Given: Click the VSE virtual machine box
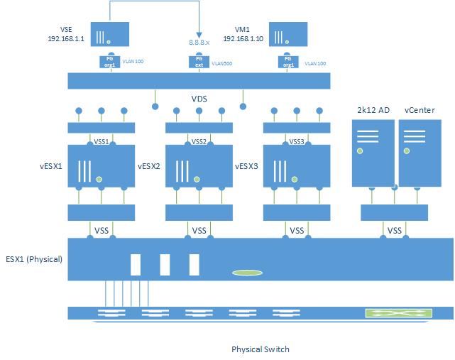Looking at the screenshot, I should (109, 36).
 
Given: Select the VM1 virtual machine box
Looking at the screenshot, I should (287, 36).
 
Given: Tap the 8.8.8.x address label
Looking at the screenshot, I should (199, 43).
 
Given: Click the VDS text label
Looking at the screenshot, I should (199, 99).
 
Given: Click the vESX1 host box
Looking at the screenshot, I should (101, 166).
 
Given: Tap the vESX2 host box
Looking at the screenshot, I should (199, 166).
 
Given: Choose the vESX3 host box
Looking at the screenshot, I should (297, 166).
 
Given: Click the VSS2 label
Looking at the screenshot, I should (199, 141).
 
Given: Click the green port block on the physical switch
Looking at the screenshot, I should (388, 313).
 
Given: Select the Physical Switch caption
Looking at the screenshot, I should (261, 349).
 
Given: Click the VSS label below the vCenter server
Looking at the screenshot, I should (395, 230).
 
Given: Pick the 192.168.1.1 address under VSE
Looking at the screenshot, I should (62, 40).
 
